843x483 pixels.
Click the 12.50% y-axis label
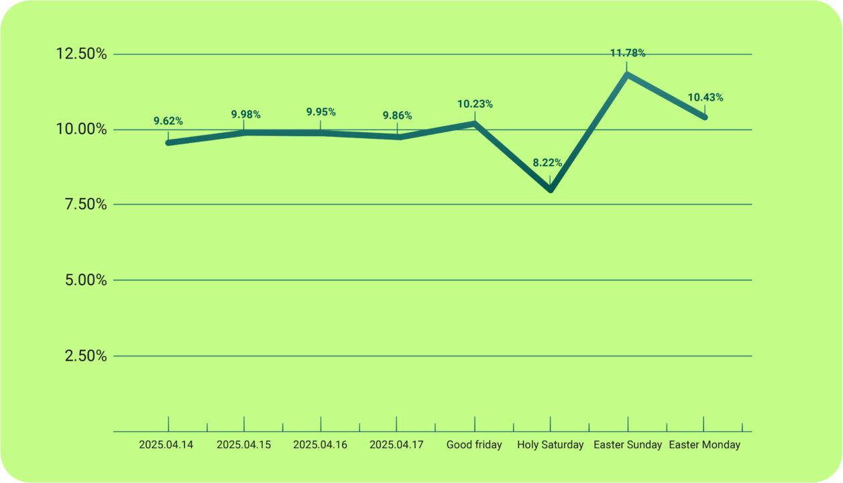(82, 54)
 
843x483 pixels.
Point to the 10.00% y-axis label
(82, 129)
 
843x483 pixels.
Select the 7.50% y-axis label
(86, 204)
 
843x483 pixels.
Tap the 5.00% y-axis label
(86, 280)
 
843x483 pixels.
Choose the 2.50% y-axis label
(86, 356)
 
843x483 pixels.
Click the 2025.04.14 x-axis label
(166, 445)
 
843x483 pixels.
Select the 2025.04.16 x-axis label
(321, 445)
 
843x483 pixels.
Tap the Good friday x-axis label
(474, 445)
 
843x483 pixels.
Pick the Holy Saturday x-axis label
(550, 445)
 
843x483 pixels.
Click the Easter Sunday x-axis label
(628, 445)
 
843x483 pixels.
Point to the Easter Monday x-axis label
(705, 445)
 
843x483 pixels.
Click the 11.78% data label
(628, 53)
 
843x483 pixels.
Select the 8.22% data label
(547, 163)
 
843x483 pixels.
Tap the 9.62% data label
(168, 121)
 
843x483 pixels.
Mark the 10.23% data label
(475, 104)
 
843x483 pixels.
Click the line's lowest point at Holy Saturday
(551, 190)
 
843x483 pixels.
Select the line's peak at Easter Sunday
(628, 74)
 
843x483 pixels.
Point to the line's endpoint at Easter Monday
(704, 117)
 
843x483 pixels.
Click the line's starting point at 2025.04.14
(168, 142)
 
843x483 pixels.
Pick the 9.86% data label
(397, 116)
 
